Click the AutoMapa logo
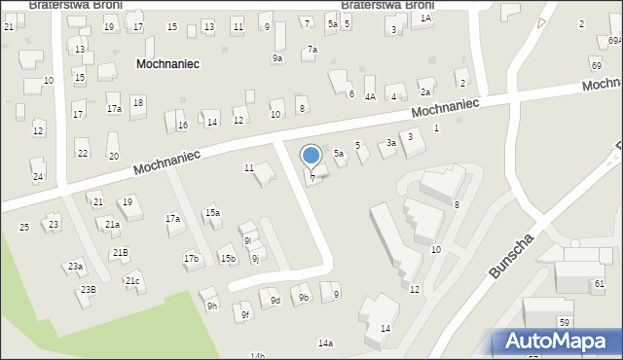pos(556,342)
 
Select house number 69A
pos(614,40)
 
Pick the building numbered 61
pos(599,284)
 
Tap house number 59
pos(564,322)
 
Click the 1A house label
pos(425,18)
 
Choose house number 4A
pos(370,97)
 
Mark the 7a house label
pos(311,50)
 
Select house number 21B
pos(119,253)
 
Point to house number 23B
pos(89,290)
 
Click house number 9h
pos(211,306)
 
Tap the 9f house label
pos(245,315)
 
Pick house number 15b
pos(227,258)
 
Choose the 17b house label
pos(191,258)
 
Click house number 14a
pos(325,343)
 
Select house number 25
pos(24,227)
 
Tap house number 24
pos(37,176)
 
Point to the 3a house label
pos(390,143)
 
